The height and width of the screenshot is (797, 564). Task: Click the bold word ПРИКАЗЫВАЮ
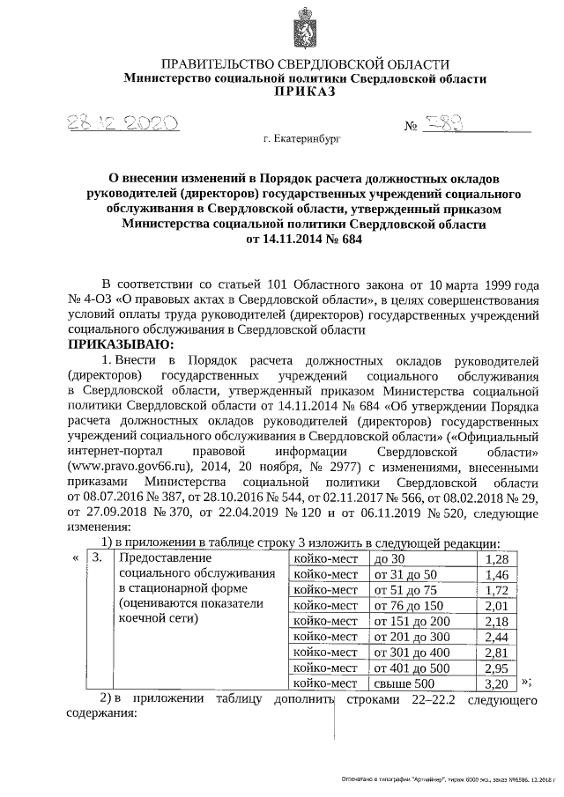121,344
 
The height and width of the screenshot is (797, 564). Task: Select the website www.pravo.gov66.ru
129,468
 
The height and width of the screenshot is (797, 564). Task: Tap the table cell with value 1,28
498,560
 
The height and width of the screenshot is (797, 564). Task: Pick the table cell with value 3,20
498,683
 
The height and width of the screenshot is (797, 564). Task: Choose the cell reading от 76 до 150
408,606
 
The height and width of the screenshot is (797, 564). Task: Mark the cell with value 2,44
498,637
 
